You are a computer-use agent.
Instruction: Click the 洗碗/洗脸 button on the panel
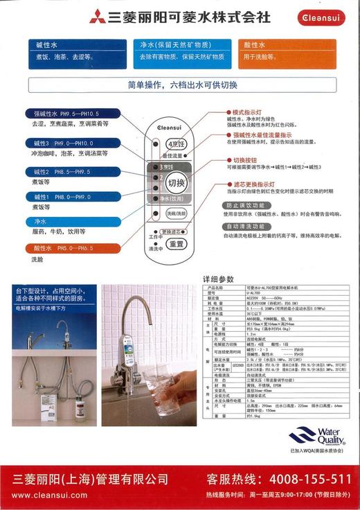click(177, 213)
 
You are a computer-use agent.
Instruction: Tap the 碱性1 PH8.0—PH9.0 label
click(68, 197)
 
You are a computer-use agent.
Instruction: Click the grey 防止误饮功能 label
click(243, 206)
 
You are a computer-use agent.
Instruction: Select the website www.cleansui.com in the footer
click(50, 495)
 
